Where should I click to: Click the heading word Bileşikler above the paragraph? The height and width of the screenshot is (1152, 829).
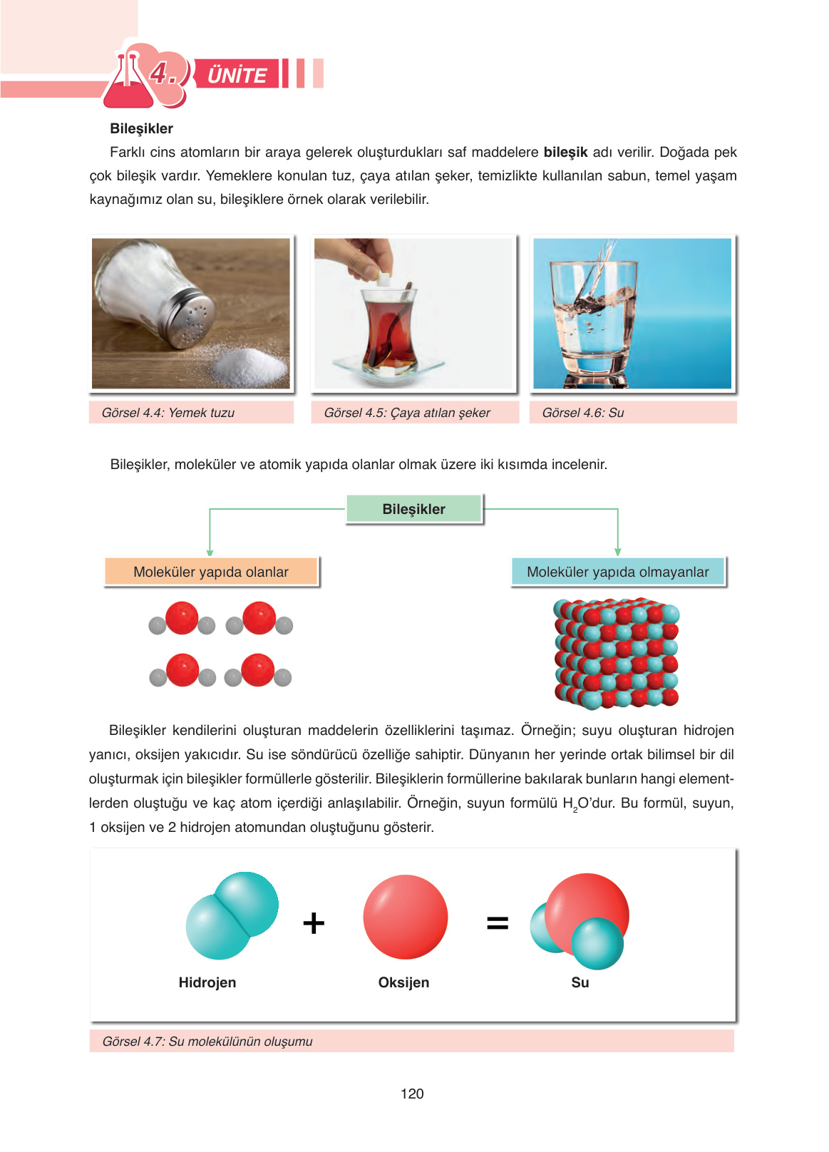tap(141, 128)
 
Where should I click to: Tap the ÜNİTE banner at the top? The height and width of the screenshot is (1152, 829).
tap(237, 74)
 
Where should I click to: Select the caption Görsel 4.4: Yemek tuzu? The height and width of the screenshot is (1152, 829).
tap(168, 413)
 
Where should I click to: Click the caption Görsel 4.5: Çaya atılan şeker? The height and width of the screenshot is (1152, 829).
tap(407, 413)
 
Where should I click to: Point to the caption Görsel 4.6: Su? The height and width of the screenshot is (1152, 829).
tap(583, 413)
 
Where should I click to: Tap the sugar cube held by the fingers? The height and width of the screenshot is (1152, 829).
tap(383, 279)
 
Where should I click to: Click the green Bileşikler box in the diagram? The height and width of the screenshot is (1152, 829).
tap(413, 509)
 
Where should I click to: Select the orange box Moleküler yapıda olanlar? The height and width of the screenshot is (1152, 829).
tap(211, 572)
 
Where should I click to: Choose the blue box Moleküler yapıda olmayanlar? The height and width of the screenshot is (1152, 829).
tap(617, 572)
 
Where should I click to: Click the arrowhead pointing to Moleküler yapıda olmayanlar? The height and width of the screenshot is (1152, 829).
tap(617, 552)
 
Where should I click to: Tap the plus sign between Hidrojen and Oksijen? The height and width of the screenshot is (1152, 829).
tap(314, 923)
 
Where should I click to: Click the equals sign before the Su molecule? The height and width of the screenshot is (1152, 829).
tap(498, 923)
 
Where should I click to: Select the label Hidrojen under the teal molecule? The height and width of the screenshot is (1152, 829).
tap(207, 982)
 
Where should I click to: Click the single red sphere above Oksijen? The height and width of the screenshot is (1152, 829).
tap(405, 917)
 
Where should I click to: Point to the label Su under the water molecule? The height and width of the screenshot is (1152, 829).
tap(580, 982)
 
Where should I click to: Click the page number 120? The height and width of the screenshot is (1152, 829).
tap(412, 1094)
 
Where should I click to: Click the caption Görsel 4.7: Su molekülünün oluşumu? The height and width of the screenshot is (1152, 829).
tap(207, 1042)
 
